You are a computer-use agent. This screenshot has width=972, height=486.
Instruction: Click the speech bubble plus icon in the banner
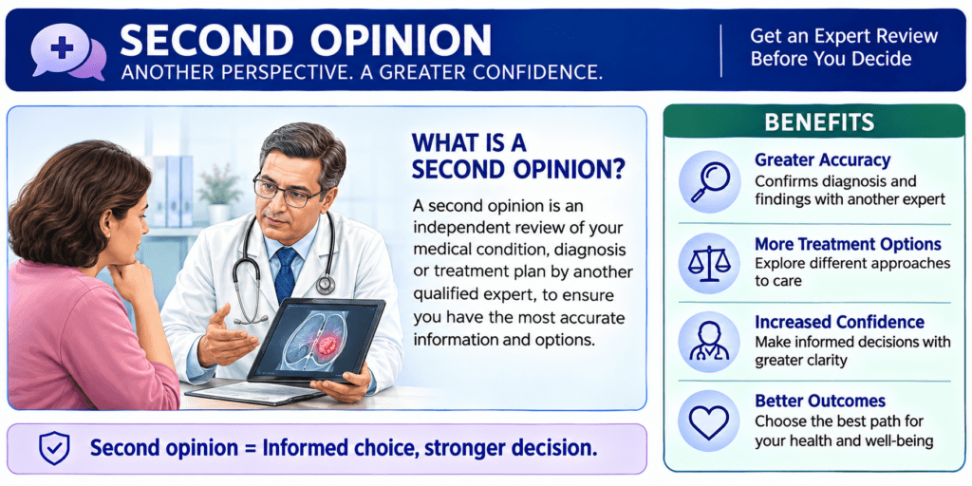(x=68, y=50)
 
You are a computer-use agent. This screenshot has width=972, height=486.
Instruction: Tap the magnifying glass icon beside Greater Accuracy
(x=709, y=182)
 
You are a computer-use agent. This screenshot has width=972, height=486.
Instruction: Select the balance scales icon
(x=709, y=263)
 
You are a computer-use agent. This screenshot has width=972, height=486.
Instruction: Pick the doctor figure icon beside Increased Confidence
(x=709, y=341)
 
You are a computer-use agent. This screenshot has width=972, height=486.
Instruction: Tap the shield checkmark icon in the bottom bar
(x=54, y=448)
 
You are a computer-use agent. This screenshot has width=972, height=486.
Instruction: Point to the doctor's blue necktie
(x=285, y=274)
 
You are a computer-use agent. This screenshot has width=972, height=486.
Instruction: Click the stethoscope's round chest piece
(x=326, y=284)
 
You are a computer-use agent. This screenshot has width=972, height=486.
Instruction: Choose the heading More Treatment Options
(x=848, y=244)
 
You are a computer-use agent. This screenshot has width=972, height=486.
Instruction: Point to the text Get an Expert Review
(x=844, y=36)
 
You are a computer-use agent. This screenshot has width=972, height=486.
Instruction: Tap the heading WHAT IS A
(x=469, y=142)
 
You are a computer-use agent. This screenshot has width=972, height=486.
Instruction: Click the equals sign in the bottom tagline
(x=248, y=448)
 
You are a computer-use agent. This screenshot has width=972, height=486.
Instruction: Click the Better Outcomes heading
(x=820, y=401)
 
